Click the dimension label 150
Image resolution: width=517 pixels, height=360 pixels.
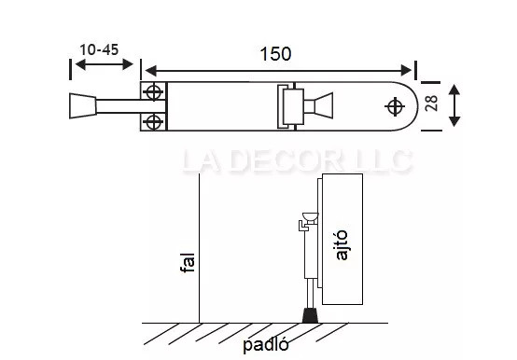click(x=275, y=54)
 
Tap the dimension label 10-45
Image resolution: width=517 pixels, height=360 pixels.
click(x=99, y=49)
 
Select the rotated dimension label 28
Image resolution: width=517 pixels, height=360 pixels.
click(x=431, y=104)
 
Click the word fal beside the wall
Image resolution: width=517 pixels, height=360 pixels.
click(x=188, y=262)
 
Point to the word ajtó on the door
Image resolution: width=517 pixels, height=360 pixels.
click(x=342, y=245)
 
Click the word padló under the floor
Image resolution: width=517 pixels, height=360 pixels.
click(x=266, y=345)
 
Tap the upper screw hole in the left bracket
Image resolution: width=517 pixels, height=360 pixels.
click(x=154, y=92)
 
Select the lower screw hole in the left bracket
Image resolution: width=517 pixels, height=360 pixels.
click(x=153, y=122)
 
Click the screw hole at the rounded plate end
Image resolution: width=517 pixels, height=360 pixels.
click(x=395, y=106)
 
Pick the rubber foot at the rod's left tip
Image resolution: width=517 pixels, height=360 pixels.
click(x=83, y=106)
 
